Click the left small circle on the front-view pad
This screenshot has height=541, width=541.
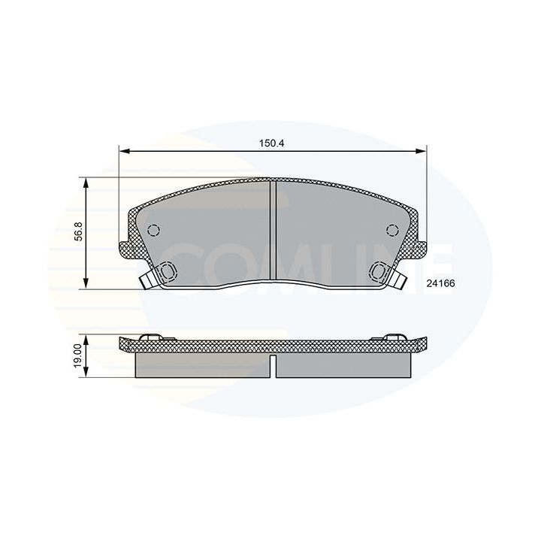(154, 230)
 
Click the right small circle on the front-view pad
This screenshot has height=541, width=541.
(392, 230)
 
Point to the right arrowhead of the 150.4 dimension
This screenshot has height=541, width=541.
(423, 152)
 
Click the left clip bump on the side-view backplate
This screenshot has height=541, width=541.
(150, 335)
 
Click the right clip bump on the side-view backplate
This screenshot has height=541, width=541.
(395, 335)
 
